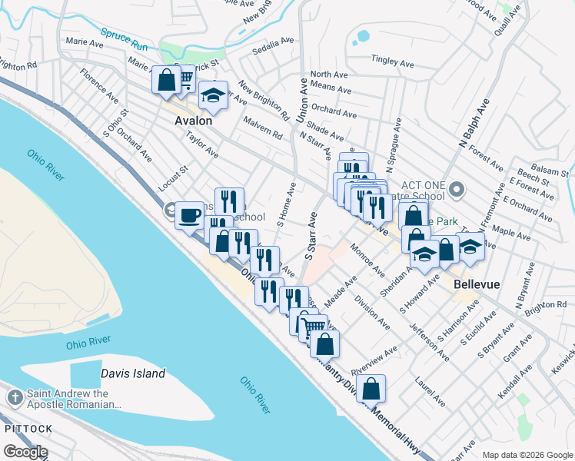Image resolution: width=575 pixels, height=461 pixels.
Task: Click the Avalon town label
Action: [x=193, y=121]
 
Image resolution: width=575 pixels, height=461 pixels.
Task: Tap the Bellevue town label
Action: [x=477, y=284]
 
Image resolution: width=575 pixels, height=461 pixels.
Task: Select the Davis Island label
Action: [x=133, y=373]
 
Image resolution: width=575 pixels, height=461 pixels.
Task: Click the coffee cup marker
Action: [x=189, y=216]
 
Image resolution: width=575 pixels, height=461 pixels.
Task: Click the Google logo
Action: [x=25, y=451]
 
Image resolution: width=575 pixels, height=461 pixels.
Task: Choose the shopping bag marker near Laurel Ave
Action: [x=371, y=390]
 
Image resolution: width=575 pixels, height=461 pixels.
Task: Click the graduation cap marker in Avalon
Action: [x=213, y=97]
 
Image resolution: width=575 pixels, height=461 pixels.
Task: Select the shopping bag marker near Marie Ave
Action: [x=166, y=80]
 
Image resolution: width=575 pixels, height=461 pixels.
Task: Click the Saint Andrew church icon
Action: [x=15, y=398]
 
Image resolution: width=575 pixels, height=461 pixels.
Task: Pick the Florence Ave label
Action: [x=101, y=88]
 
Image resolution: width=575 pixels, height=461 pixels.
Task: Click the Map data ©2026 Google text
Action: [x=527, y=454]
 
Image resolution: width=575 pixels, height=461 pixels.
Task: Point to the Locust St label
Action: [x=172, y=178]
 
